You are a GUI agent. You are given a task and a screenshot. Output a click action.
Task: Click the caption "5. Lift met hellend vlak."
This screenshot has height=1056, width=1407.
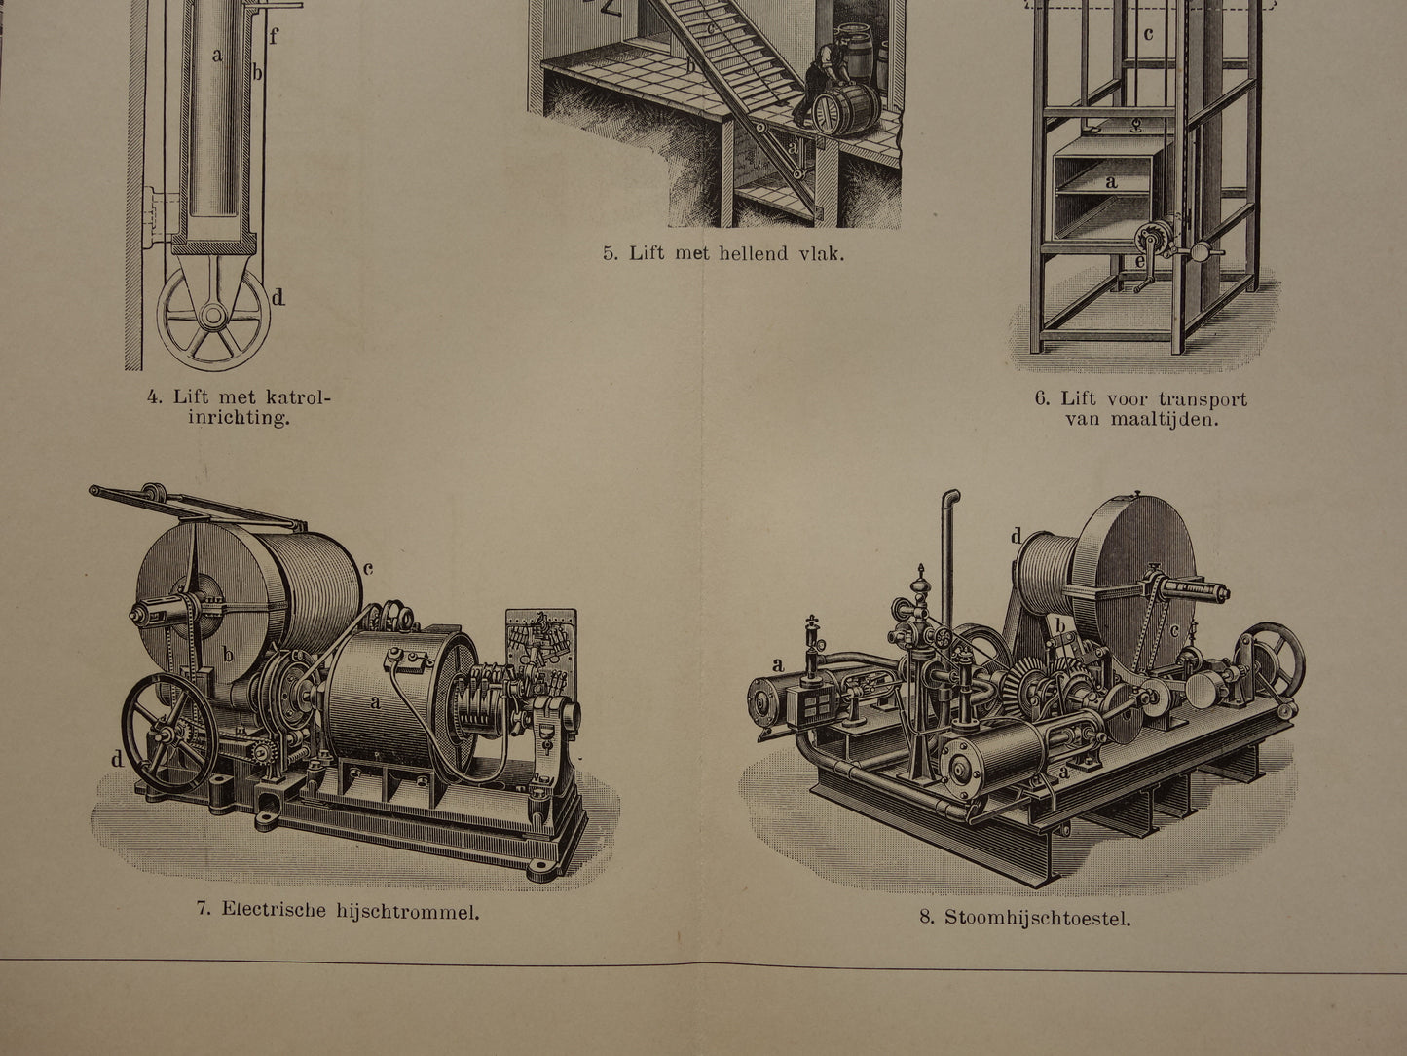[723, 255]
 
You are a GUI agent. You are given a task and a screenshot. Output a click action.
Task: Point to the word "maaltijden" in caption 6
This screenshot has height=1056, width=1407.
[1141, 421]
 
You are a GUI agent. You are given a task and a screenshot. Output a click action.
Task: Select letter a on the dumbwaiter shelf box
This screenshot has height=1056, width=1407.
[1112, 181]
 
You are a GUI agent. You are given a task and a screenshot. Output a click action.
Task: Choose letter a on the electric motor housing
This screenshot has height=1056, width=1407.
[375, 700]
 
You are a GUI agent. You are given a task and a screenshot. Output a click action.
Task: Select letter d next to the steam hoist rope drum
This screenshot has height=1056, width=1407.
[1016, 536]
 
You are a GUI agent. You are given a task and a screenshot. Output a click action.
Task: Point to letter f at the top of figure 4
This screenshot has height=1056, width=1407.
[274, 39]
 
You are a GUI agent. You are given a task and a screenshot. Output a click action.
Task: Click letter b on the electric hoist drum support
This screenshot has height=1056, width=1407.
[229, 654]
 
